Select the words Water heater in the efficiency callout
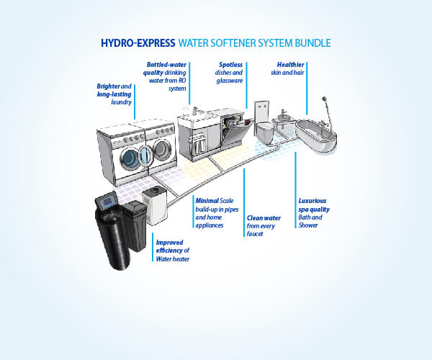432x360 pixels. (x=173, y=258)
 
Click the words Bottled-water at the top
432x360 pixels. (x=167, y=65)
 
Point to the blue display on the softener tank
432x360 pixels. (x=107, y=203)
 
